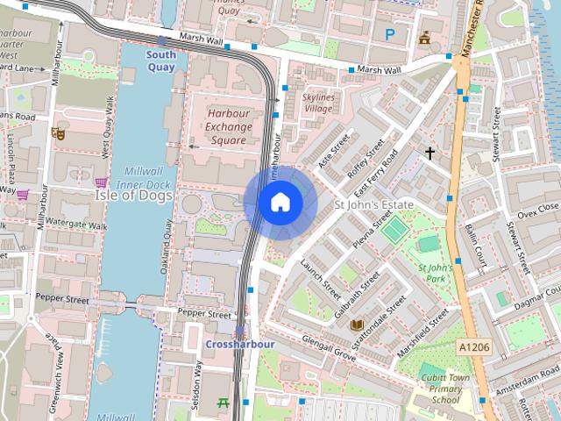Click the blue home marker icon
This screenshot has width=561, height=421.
[x=280, y=203]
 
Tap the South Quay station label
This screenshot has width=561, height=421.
[x=161, y=61]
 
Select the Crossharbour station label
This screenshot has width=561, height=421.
[x=239, y=345]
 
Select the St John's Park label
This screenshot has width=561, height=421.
[x=435, y=274]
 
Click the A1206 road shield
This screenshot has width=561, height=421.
[x=474, y=348]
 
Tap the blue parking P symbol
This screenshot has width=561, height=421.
[x=390, y=34]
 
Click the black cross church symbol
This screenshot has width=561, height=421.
[x=430, y=153]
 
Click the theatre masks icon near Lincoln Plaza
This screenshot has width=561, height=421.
[x=58, y=133]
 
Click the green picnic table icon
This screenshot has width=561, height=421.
[x=224, y=404]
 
